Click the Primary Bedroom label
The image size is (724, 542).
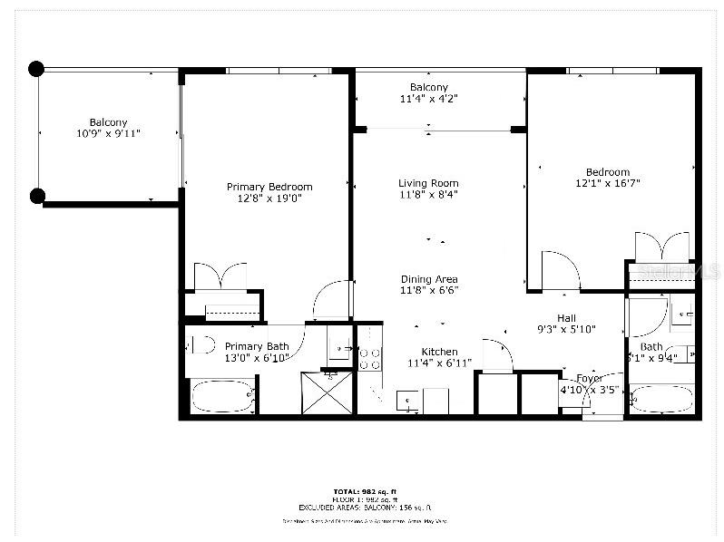(269, 187)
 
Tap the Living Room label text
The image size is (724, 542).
(428, 183)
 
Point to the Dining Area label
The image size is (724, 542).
(429, 279)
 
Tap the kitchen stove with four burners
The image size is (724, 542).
(368, 360)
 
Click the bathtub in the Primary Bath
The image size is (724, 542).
(221, 397)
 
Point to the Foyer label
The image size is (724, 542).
(589, 378)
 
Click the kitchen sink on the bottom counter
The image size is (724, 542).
(406, 399)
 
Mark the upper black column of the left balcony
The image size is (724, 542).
(36, 68)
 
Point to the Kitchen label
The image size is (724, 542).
(439, 352)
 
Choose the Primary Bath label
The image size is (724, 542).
(257, 346)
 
